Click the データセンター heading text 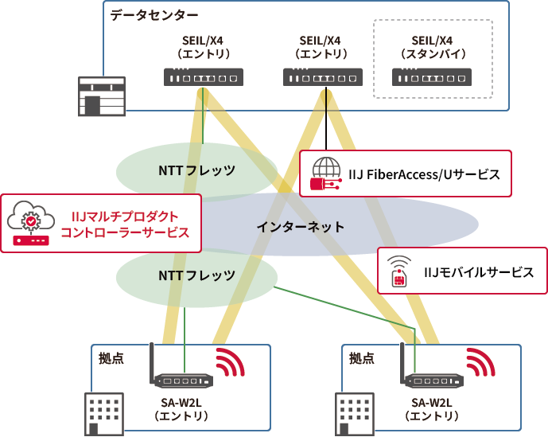(x=154, y=15)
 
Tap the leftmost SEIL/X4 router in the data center (x=203, y=77)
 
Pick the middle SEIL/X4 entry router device (x=323, y=77)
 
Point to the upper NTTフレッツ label (x=196, y=170)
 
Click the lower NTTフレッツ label (x=196, y=275)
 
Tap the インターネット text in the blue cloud (x=300, y=227)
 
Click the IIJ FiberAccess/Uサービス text (x=425, y=174)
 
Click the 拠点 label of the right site (x=361, y=358)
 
